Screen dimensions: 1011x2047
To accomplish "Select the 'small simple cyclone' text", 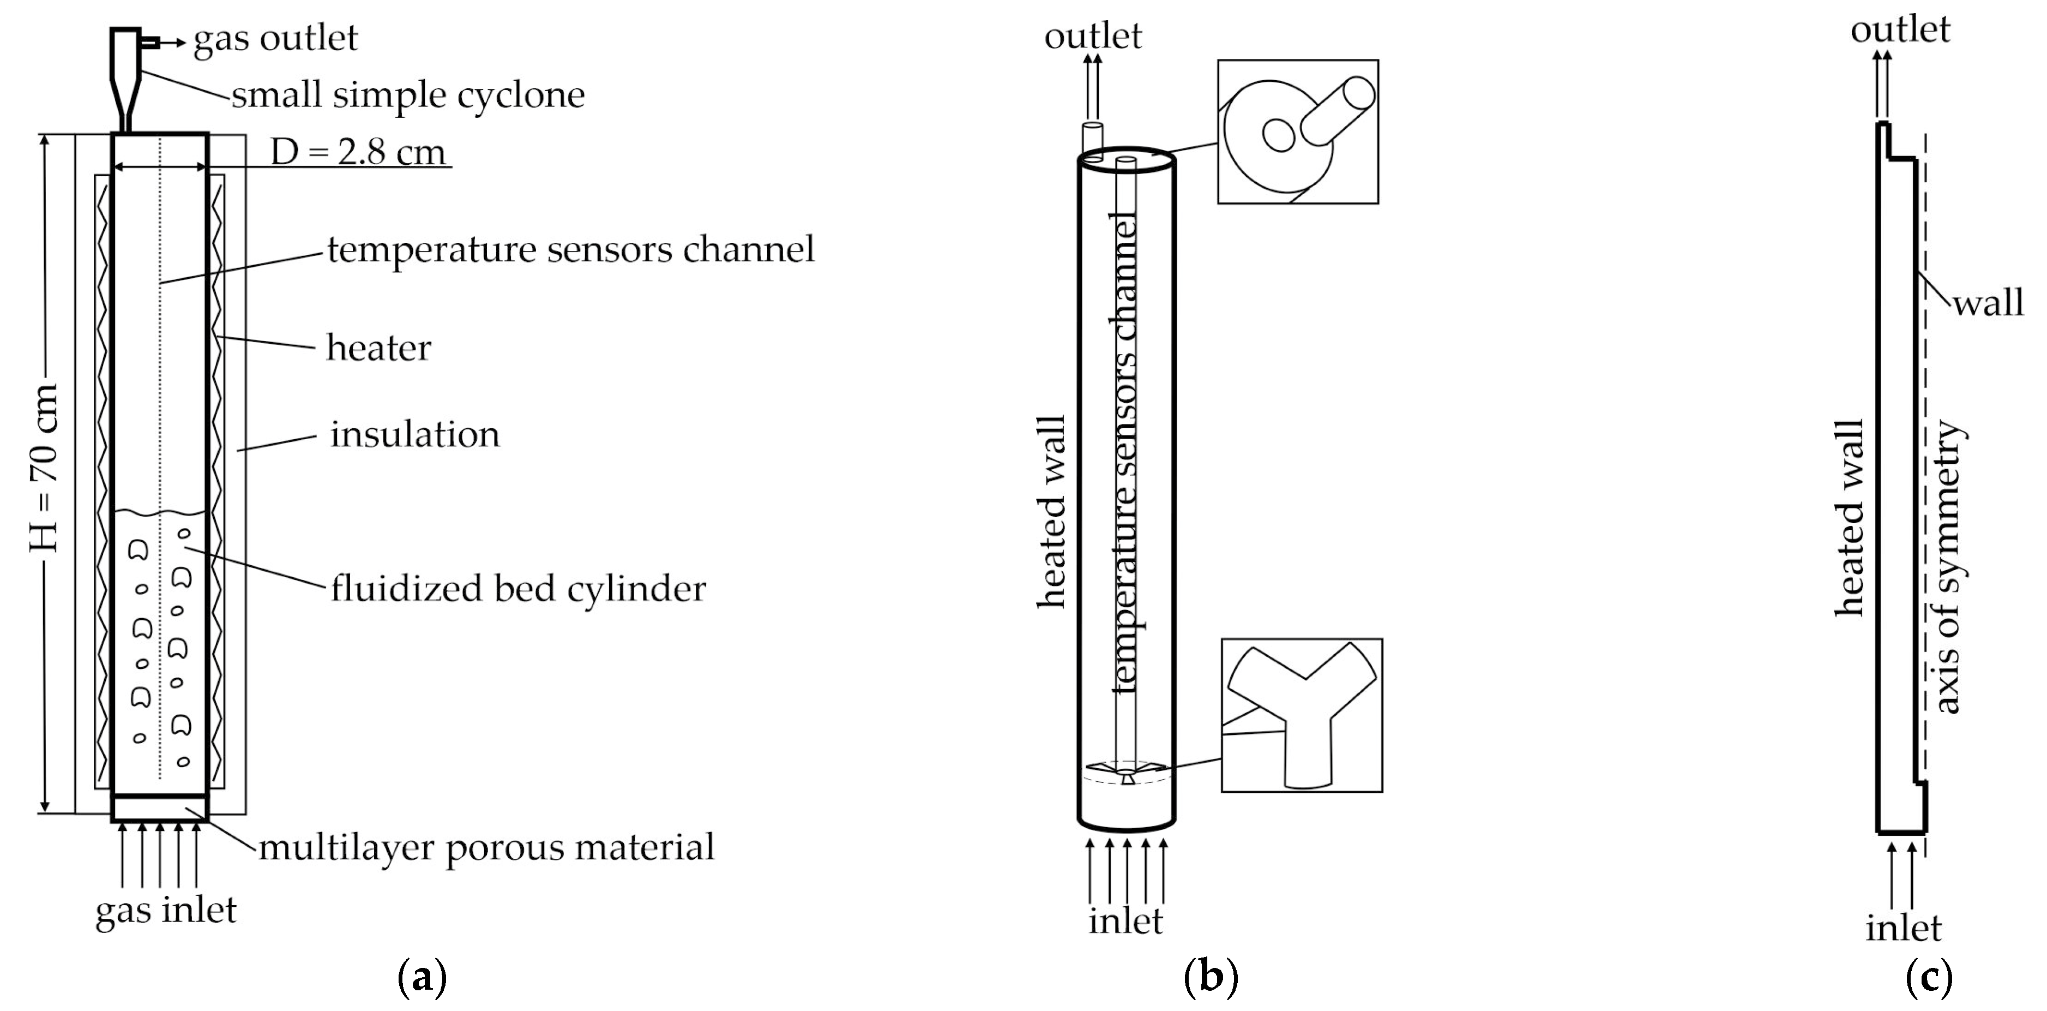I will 408,94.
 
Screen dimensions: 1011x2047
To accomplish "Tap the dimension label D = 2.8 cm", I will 358,152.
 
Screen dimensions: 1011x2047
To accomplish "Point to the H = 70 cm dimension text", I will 44,469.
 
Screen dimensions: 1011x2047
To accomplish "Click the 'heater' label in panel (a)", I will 378,348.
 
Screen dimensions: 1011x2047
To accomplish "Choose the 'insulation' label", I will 415,434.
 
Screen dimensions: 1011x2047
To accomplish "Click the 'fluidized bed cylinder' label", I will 518,589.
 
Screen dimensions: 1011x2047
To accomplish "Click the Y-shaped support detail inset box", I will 1302,715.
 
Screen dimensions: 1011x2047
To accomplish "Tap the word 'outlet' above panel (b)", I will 1093,36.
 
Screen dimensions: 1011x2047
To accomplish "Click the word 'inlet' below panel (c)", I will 1903,928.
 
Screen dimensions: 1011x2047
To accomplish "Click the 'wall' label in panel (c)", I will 1988,303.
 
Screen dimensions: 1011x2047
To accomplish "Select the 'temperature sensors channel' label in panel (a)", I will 570,249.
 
